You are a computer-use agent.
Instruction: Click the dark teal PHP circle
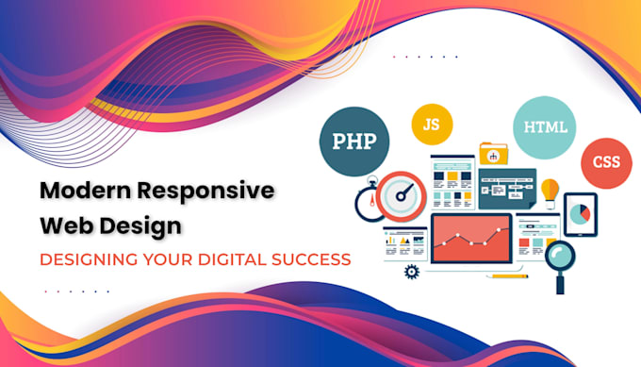tap(354, 142)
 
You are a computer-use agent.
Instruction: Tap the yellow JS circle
tap(432, 124)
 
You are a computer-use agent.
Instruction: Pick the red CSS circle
tap(605, 162)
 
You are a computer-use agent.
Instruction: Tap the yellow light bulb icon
tap(549, 192)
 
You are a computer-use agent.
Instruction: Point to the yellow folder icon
tap(493, 152)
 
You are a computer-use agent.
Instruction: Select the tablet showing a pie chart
tap(582, 215)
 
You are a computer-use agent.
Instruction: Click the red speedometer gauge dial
tap(404, 196)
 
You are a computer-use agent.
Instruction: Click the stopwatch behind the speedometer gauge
tap(370, 203)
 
